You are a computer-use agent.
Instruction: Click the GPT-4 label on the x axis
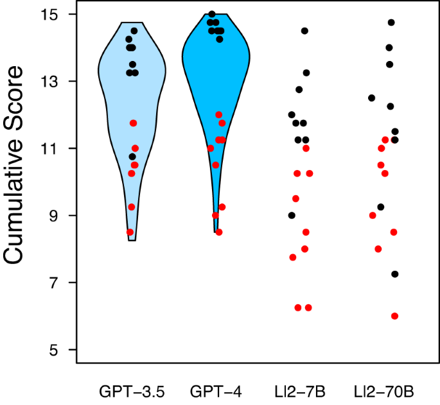[216, 391]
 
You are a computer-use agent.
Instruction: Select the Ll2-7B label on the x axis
[300, 391]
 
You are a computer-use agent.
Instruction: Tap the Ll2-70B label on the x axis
[384, 391]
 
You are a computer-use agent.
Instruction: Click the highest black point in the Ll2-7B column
[305, 31]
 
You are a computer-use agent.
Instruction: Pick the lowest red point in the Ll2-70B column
[394, 316]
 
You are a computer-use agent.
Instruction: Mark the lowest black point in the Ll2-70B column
[395, 274]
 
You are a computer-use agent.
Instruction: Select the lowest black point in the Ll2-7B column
[292, 216]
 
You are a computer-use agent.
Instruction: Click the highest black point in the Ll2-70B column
[391, 22]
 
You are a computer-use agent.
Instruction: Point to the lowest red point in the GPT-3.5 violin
[130, 232]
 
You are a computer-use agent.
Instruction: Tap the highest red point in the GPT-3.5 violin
[134, 123]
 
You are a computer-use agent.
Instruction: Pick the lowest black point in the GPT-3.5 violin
[132, 157]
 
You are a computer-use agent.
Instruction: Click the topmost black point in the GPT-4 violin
[212, 14]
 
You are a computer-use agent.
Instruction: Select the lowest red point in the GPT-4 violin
[219, 232]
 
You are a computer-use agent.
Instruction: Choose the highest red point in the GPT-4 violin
[219, 115]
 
